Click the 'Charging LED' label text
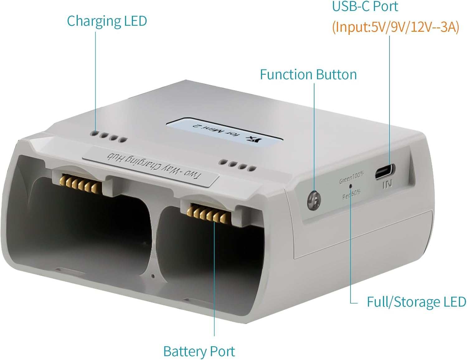[x=107, y=21]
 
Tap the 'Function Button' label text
[x=308, y=75]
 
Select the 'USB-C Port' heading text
[x=365, y=7]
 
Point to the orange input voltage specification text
[x=395, y=27]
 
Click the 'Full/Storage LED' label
[x=416, y=302]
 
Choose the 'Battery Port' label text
[x=199, y=351]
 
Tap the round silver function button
[x=314, y=199]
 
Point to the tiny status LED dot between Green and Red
[x=351, y=186]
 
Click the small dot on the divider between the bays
[x=152, y=276]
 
